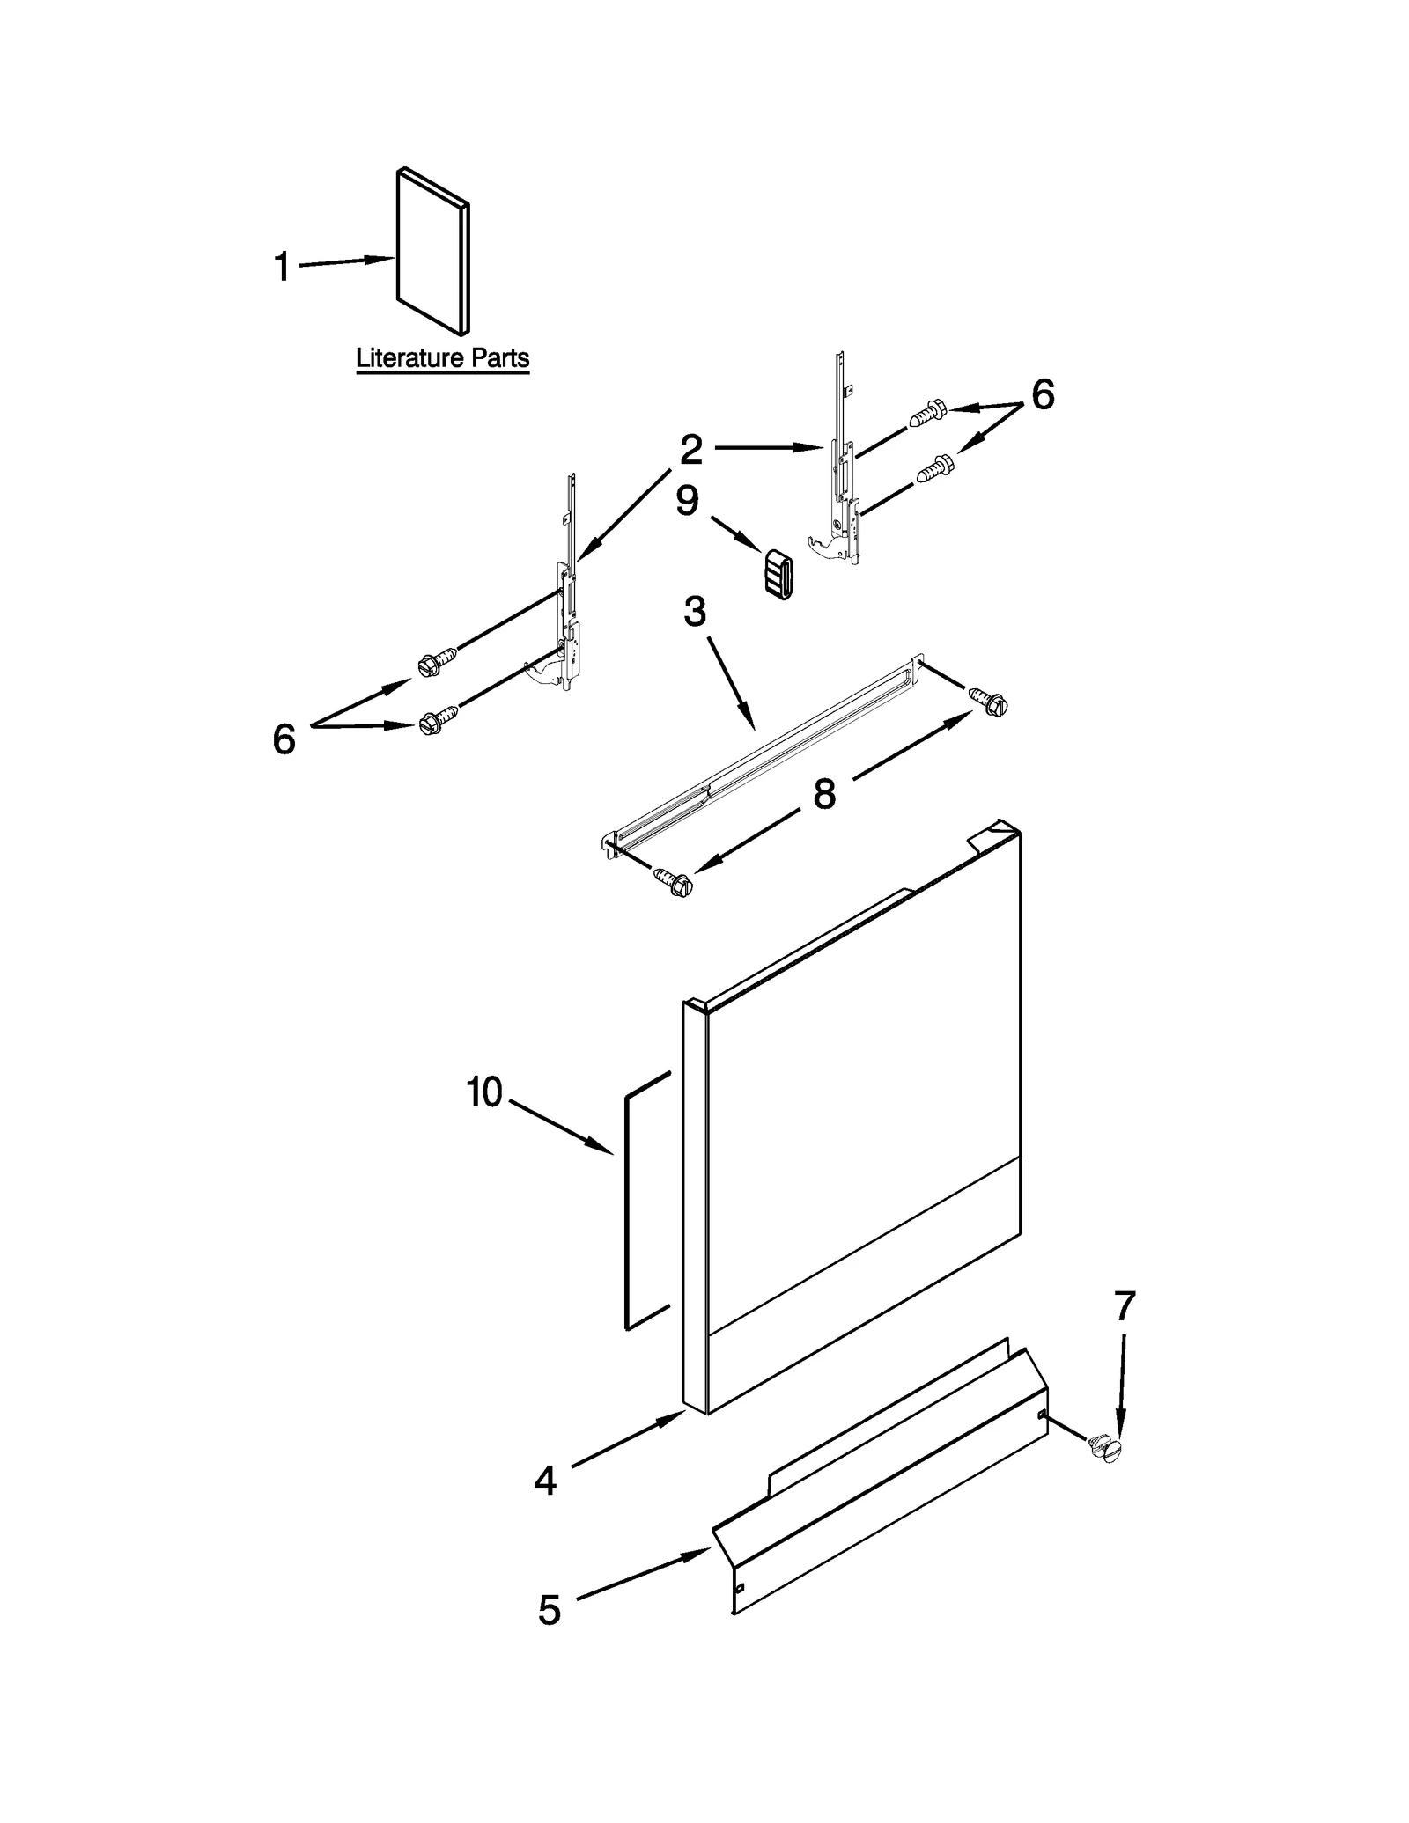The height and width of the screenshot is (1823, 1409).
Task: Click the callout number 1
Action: pyautogui.click(x=282, y=267)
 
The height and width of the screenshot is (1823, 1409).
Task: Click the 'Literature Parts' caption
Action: pyautogui.click(x=442, y=358)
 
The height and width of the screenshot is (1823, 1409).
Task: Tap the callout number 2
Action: pyautogui.click(x=691, y=450)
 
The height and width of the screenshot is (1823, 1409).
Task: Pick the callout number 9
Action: pyautogui.click(x=687, y=501)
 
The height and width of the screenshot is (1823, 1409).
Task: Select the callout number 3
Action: pyautogui.click(x=695, y=612)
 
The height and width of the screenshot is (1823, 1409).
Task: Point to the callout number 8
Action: pyautogui.click(x=824, y=794)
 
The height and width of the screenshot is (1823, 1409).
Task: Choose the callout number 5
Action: pyautogui.click(x=549, y=1610)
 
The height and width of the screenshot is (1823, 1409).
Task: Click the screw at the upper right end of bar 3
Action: pyautogui.click(x=989, y=701)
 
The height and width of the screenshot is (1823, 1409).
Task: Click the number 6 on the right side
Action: pyautogui.click(x=1043, y=395)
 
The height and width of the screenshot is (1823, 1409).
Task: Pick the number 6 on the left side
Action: pyautogui.click(x=284, y=739)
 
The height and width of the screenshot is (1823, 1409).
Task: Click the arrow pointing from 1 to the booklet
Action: pyautogui.click(x=348, y=261)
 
